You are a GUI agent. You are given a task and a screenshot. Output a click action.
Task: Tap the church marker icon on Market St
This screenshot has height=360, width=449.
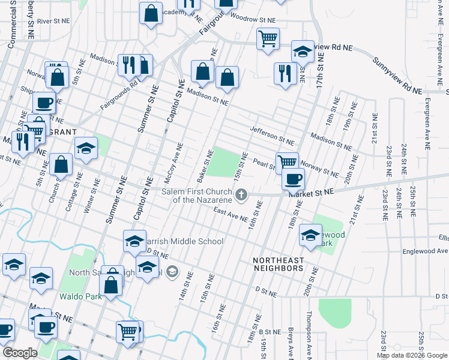click(241, 193)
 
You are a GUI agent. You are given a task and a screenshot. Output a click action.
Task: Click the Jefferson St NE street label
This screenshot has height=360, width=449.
click(273, 136)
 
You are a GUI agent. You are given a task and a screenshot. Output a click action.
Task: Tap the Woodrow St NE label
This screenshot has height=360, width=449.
click(252, 20)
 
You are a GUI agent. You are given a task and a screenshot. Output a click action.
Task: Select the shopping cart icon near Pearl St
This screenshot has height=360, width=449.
click(288, 161)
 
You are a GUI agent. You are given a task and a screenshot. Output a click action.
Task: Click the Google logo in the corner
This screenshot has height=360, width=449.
click(20, 353)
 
